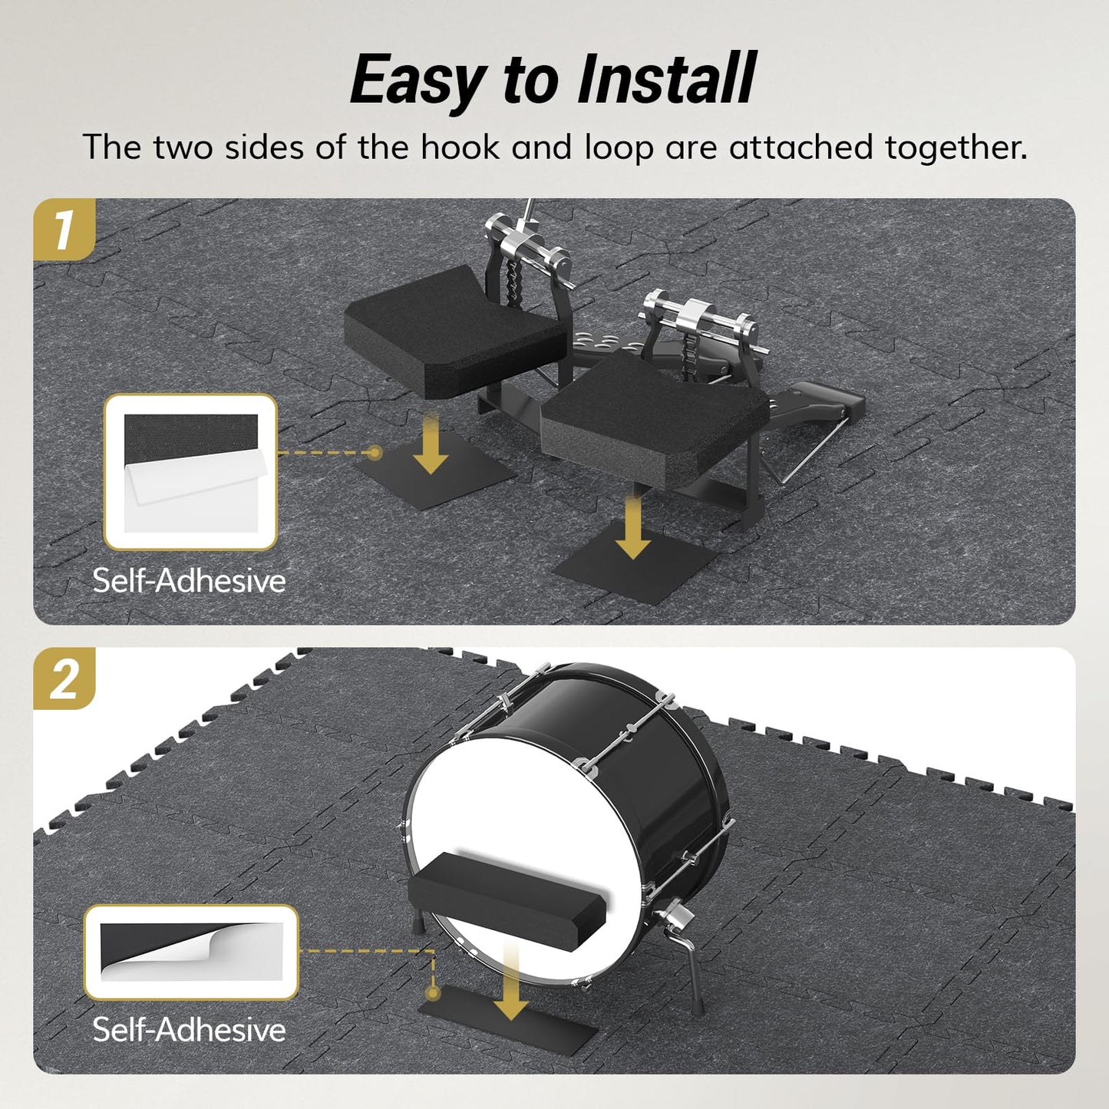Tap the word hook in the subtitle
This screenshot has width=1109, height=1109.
[460, 147]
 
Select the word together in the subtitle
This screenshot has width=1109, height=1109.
[956, 147]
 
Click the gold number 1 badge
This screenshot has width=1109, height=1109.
[64, 229]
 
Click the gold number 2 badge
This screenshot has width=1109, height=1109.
[64, 678]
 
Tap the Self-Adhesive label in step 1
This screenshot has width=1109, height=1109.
[190, 580]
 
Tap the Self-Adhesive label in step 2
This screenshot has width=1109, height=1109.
[190, 1029]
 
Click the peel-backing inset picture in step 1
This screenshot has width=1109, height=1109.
[190, 472]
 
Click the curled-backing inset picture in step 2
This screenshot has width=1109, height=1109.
[191, 952]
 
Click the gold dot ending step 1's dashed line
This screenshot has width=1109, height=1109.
[375, 453]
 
